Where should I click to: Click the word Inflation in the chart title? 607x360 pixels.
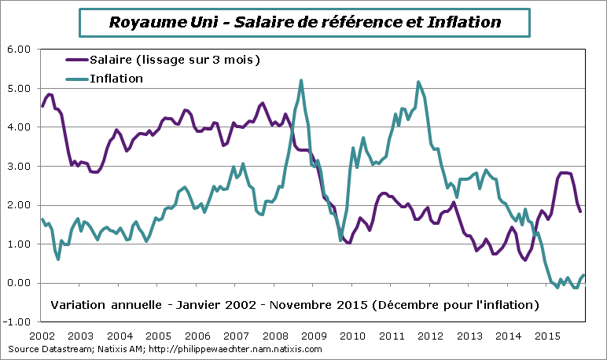pyautogui.click(x=458, y=22)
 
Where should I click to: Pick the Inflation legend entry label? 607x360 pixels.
pyautogui.click(x=116, y=78)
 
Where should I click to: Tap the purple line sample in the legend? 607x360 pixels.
pyautogui.click(x=75, y=60)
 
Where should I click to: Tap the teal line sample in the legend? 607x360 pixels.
pyautogui.click(x=75, y=78)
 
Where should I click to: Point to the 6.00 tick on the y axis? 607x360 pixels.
pyautogui.click(x=18, y=49)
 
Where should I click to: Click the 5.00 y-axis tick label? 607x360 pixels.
pyautogui.click(x=18, y=88)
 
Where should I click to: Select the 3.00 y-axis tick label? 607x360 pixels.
pyautogui.click(x=18, y=166)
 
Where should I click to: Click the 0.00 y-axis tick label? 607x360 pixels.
pyautogui.click(x=18, y=283)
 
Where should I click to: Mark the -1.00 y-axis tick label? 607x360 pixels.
pyautogui.click(x=17, y=322)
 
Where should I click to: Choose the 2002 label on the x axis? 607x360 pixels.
pyautogui.click(x=42, y=336)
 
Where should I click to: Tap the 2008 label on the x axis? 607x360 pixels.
pyautogui.click(x=275, y=336)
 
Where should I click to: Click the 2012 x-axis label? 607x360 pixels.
pyautogui.click(x=430, y=336)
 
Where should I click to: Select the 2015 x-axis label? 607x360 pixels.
pyautogui.click(x=546, y=336)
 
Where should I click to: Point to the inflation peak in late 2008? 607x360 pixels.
pyautogui.click(x=302, y=80)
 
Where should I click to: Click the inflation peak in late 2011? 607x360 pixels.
pyautogui.click(x=418, y=82)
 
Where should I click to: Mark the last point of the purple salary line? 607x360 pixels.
pyautogui.click(x=580, y=211)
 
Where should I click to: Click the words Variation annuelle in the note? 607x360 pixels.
pyautogui.click(x=97, y=304)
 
